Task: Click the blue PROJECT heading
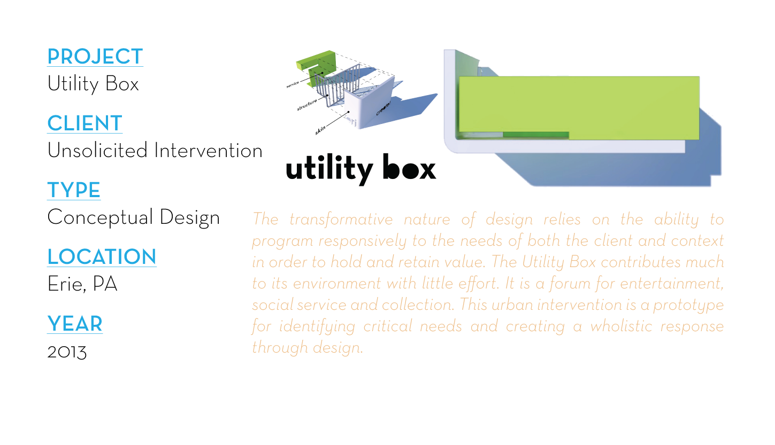tap(95, 57)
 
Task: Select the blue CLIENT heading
tap(85, 123)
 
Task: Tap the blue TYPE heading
tap(74, 190)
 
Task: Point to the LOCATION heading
tap(102, 257)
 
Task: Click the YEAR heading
tap(74, 324)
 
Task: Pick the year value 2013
tap(67, 351)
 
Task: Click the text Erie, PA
tap(82, 284)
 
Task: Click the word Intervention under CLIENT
tap(208, 151)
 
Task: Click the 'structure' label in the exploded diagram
tap(307, 105)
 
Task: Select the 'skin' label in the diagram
tap(320, 129)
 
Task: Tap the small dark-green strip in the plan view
tap(535, 135)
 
